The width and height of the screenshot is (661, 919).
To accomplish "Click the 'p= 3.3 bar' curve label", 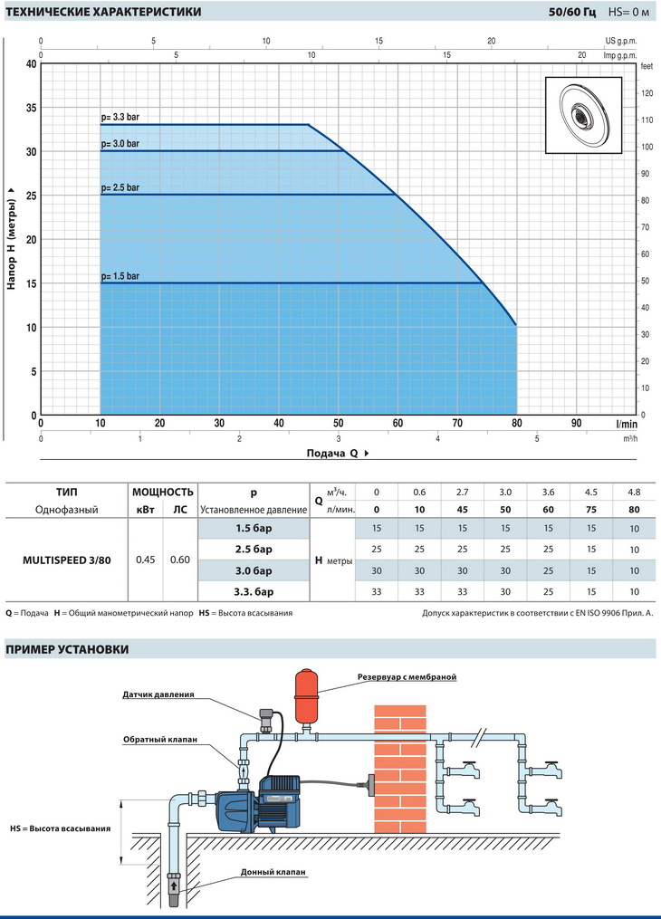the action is tap(120, 117).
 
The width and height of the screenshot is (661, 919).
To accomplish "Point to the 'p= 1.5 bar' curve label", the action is tap(120, 276).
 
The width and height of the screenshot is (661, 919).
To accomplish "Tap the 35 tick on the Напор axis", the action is tap(31, 108).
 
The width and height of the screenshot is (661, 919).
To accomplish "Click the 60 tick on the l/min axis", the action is tap(398, 423).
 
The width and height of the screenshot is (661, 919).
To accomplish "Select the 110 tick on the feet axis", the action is tap(647, 120).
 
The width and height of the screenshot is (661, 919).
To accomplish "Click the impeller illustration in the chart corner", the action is tap(584, 115).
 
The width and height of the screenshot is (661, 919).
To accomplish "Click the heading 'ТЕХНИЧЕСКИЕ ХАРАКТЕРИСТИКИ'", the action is tap(103, 12).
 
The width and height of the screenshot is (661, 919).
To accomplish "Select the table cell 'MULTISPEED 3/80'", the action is tap(67, 560).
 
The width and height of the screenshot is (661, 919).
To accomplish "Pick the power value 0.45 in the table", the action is tap(145, 560).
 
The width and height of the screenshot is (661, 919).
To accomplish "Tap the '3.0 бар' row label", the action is tap(254, 570).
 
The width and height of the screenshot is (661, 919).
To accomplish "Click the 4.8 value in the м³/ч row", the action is tap(634, 493).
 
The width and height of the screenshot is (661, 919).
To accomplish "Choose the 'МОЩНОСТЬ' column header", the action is tap(162, 493).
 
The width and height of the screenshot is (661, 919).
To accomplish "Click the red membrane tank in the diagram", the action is tap(305, 697).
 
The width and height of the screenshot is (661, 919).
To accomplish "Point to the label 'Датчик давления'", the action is tap(158, 694).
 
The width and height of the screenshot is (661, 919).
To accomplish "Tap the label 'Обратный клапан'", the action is tap(160, 740).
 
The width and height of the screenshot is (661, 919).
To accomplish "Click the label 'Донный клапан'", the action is tap(273, 872).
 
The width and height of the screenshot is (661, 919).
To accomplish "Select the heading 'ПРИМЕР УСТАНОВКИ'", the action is tap(67, 649).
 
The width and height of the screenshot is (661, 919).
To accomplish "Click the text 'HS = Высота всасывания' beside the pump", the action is tap(61, 828).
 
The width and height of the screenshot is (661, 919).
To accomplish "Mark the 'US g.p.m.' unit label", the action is tap(621, 41).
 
